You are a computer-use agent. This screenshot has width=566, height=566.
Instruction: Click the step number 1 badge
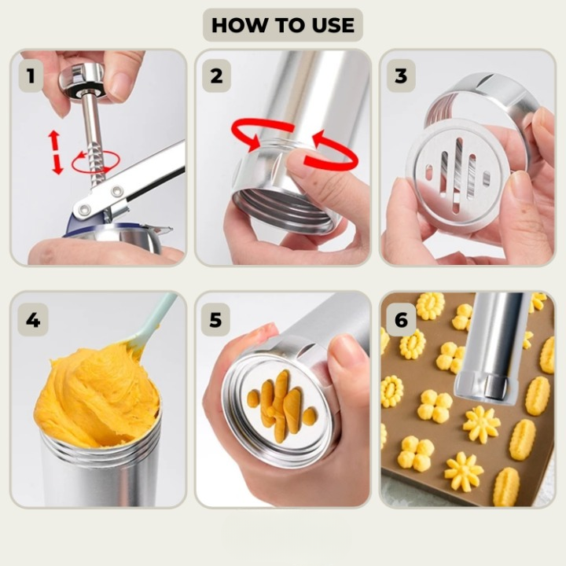point(31,75)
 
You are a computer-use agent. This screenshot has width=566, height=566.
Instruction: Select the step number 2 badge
point(216,75)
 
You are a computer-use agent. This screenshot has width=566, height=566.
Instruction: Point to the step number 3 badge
point(401,75)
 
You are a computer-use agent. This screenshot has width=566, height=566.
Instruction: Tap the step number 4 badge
point(33,320)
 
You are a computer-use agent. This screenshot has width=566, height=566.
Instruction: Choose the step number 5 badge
point(215,320)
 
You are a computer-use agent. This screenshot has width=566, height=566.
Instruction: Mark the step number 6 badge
point(401,320)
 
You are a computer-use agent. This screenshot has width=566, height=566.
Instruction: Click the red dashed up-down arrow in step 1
point(55,152)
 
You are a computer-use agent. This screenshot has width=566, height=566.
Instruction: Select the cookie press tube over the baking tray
point(493,347)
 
